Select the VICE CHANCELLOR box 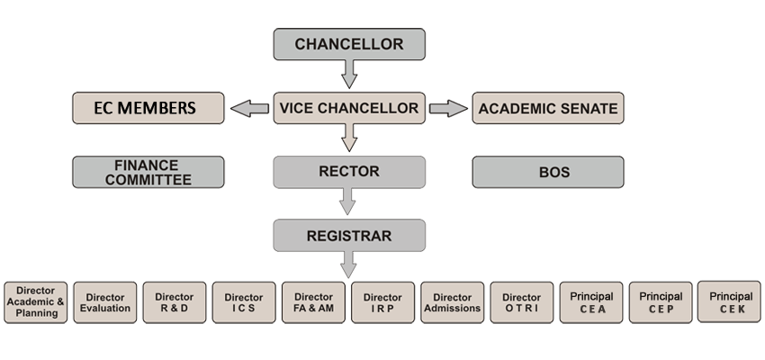pyautogui.click(x=349, y=109)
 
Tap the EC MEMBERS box pyautogui.click(x=147, y=109)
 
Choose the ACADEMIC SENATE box pyautogui.click(x=548, y=109)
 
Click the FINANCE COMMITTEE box pyautogui.click(x=147, y=172)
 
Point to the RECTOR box pyautogui.click(x=349, y=172)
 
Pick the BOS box pyautogui.click(x=548, y=172)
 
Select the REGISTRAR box pyautogui.click(x=349, y=236)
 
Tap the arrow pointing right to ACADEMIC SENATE pyautogui.click(x=448, y=109)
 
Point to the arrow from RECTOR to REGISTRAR pyautogui.click(x=349, y=202)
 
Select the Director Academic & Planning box pyautogui.click(x=36, y=302)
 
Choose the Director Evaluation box pyautogui.click(x=105, y=302)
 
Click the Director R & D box pyautogui.click(x=174, y=302)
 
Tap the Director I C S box pyautogui.click(x=244, y=302)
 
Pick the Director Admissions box pyautogui.click(x=452, y=302)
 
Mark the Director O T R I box pyautogui.click(x=521, y=302)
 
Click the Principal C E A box pyautogui.click(x=591, y=302)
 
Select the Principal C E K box pyautogui.click(x=730, y=301)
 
